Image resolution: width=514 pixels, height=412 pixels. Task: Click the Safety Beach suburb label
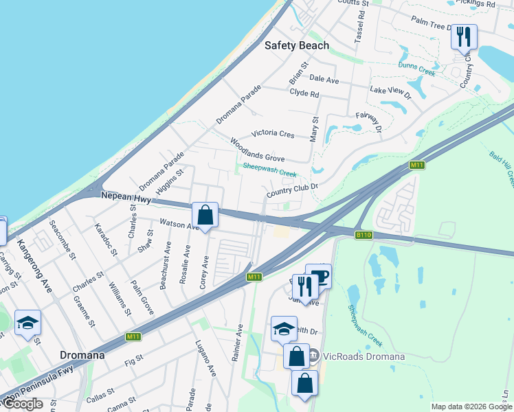coord(297,45)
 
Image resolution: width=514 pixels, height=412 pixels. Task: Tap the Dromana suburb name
coord(82,356)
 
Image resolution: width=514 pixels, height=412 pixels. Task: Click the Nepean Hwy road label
coord(125,196)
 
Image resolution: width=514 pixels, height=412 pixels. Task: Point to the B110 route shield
coord(364,235)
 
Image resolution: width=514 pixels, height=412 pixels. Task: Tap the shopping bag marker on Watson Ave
coord(205,216)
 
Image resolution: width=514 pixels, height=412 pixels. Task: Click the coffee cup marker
coord(319,277)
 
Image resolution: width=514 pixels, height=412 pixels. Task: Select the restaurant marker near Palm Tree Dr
coord(464,37)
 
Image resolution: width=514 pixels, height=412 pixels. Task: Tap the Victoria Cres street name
coord(273,133)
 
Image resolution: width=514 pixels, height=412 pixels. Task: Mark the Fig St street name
coord(135,358)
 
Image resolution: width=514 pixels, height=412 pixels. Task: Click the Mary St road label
coord(315,128)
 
